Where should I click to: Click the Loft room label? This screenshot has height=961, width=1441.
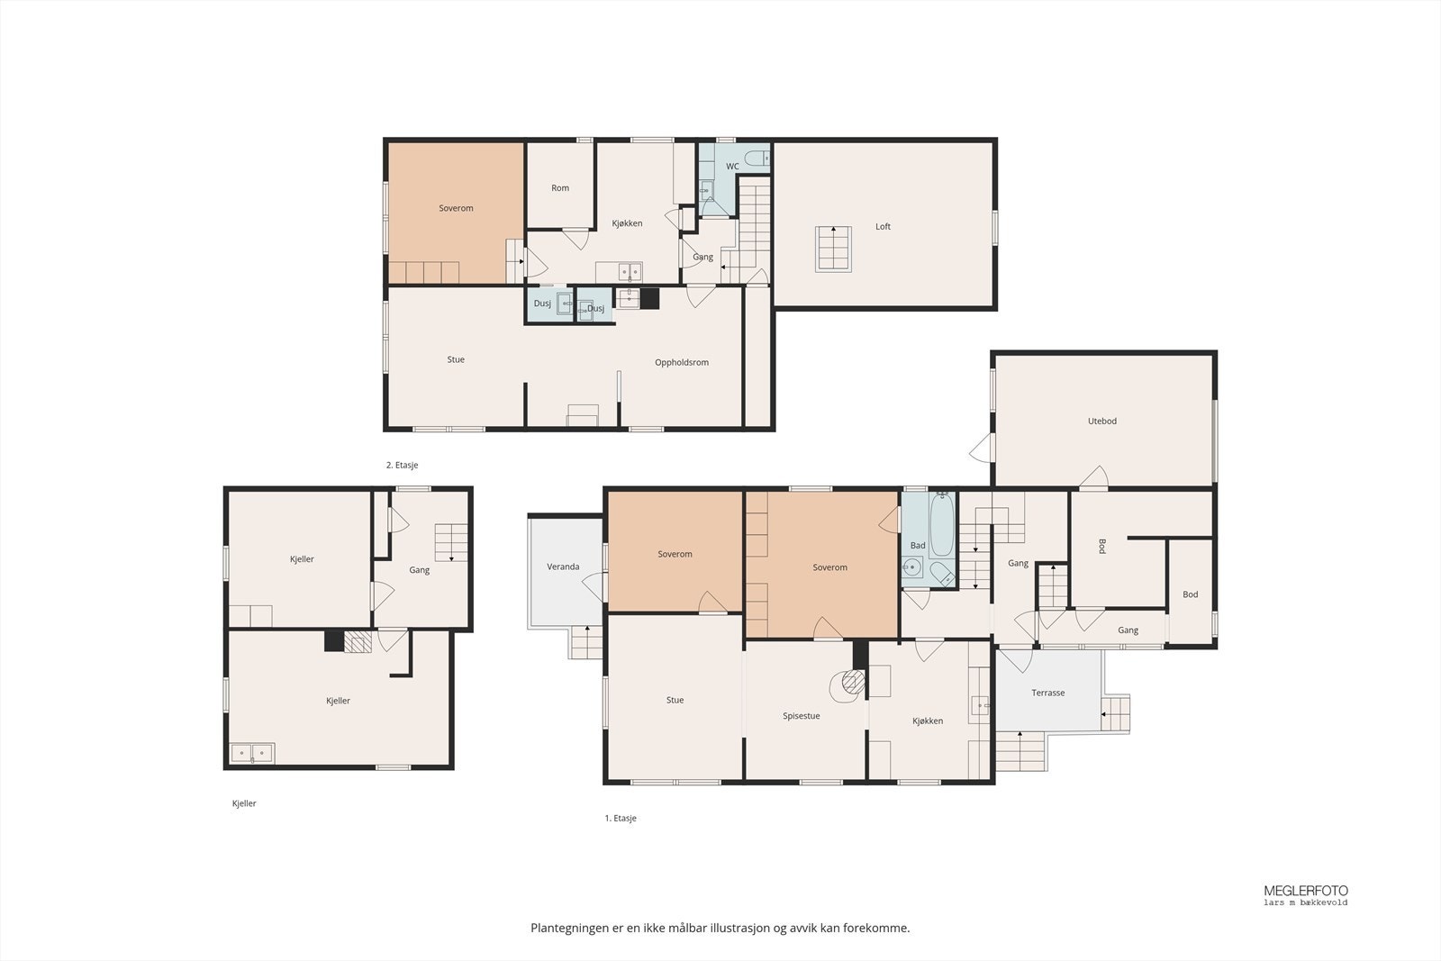coord(883,226)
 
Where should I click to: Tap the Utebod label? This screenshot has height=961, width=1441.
coord(1102,422)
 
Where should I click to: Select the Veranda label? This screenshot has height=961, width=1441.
coord(563,567)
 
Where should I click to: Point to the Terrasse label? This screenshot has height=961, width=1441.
coord(1048,693)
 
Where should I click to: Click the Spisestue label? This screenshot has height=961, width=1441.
coord(801,716)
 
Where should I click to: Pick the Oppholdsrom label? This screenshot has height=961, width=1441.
coord(681,363)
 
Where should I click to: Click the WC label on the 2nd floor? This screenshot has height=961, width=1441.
coord(732,167)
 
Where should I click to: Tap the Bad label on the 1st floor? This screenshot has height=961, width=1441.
coord(918,546)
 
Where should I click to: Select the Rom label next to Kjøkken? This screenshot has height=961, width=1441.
coord(559,188)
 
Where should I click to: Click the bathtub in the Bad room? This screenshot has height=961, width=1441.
coord(942,525)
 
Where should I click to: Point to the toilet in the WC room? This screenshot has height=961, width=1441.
coord(757,158)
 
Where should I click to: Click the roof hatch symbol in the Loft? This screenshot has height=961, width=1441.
coord(833,249)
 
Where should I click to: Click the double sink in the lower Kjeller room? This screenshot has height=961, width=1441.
coord(252,753)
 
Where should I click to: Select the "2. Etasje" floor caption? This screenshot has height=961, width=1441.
coord(402,465)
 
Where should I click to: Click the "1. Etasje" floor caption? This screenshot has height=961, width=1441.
coord(621,818)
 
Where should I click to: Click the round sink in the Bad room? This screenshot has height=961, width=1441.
coord(911,567)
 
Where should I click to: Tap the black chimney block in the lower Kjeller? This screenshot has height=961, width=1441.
coord(334,641)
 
